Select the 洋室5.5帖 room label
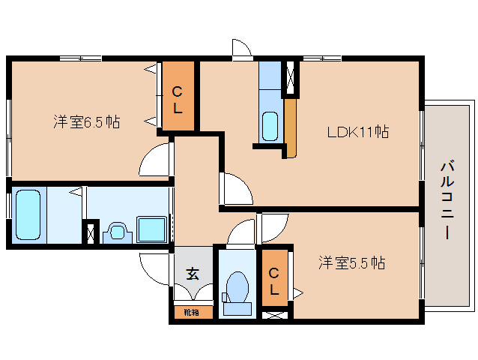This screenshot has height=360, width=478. tap(351, 263)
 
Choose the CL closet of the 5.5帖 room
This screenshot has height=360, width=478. tap(274, 280)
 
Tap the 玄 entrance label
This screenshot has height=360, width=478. tap(193, 274)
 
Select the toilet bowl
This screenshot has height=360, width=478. tap(237, 289)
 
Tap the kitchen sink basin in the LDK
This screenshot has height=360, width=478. tap(270, 124)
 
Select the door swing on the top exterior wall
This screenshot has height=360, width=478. tap(241, 48)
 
